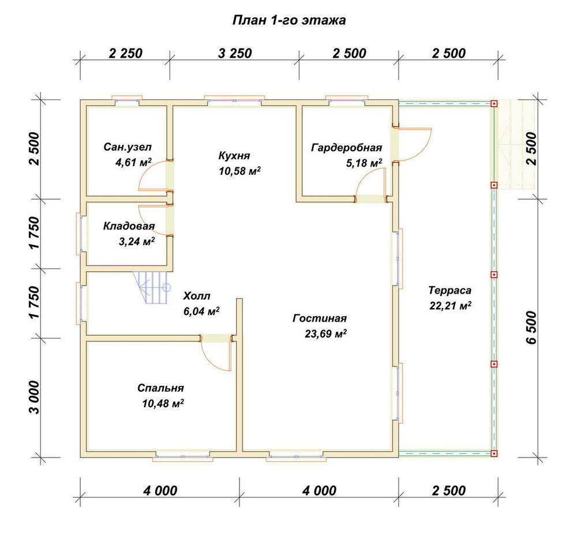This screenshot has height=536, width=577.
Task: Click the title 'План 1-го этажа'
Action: [x=289, y=20]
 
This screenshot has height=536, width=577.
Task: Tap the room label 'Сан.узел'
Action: [x=128, y=147]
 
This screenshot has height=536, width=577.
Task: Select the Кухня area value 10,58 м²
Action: [x=240, y=171]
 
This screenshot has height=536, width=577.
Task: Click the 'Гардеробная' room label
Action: [x=346, y=148]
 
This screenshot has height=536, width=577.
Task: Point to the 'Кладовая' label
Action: [x=129, y=226]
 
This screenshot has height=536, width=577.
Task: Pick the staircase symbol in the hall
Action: [x=152, y=287]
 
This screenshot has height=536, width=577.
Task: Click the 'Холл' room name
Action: [x=197, y=296]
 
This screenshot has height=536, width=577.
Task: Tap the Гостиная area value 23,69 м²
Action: [x=325, y=333]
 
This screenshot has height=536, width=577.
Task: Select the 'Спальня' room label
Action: [x=160, y=388]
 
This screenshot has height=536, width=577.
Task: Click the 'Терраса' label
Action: [x=449, y=290]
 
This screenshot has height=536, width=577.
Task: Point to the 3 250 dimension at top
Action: [x=235, y=54]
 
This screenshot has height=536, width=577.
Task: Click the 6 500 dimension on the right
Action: [x=532, y=327]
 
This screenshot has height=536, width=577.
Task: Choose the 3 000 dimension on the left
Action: [x=34, y=398]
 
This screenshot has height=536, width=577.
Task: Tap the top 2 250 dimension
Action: [x=125, y=54]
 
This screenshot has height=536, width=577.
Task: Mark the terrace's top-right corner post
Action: [x=494, y=104]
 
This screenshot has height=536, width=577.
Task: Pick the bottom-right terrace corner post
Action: [x=494, y=453]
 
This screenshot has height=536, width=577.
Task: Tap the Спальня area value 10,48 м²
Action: [x=163, y=403]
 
